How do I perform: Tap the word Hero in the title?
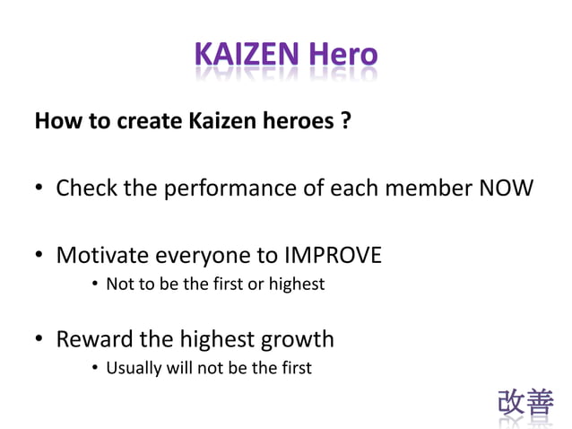click(x=342, y=56)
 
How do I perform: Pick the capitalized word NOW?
click(x=507, y=188)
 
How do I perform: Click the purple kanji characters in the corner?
click(x=525, y=403)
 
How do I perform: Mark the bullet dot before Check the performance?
click(x=39, y=190)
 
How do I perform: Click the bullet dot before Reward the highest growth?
click(x=39, y=340)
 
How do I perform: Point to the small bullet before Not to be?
click(x=95, y=285)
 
